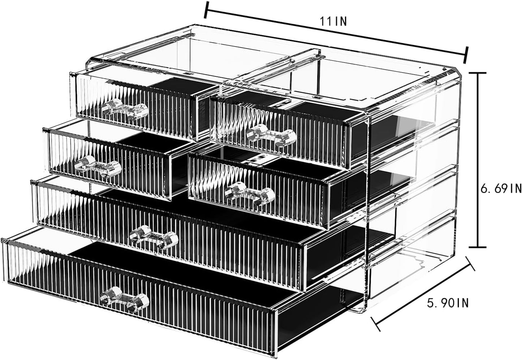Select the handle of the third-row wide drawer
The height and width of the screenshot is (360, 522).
click(x=154, y=237)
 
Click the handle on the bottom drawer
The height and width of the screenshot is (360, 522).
click(x=125, y=296)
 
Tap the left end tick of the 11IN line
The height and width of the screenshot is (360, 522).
click(x=206, y=10)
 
